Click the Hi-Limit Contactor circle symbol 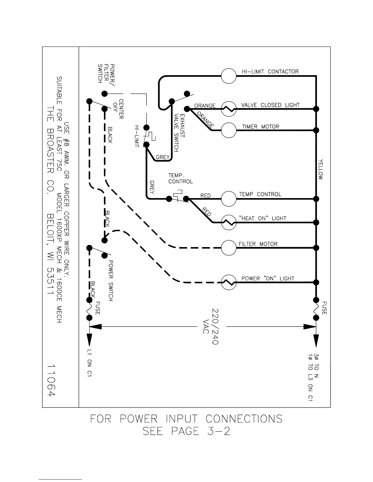click(x=229, y=76)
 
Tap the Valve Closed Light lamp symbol click(x=229, y=109)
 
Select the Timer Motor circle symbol click(x=229, y=130)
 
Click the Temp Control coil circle click(x=229, y=199)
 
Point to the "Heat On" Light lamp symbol click(x=229, y=223)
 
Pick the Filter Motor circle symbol click(x=229, y=248)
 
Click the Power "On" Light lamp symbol click(x=229, y=283)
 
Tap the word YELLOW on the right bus click(x=321, y=169)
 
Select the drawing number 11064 click(x=52, y=380)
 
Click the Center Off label click(x=118, y=109)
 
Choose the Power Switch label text click(x=111, y=280)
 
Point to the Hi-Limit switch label click(x=137, y=136)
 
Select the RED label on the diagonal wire click(x=207, y=211)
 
